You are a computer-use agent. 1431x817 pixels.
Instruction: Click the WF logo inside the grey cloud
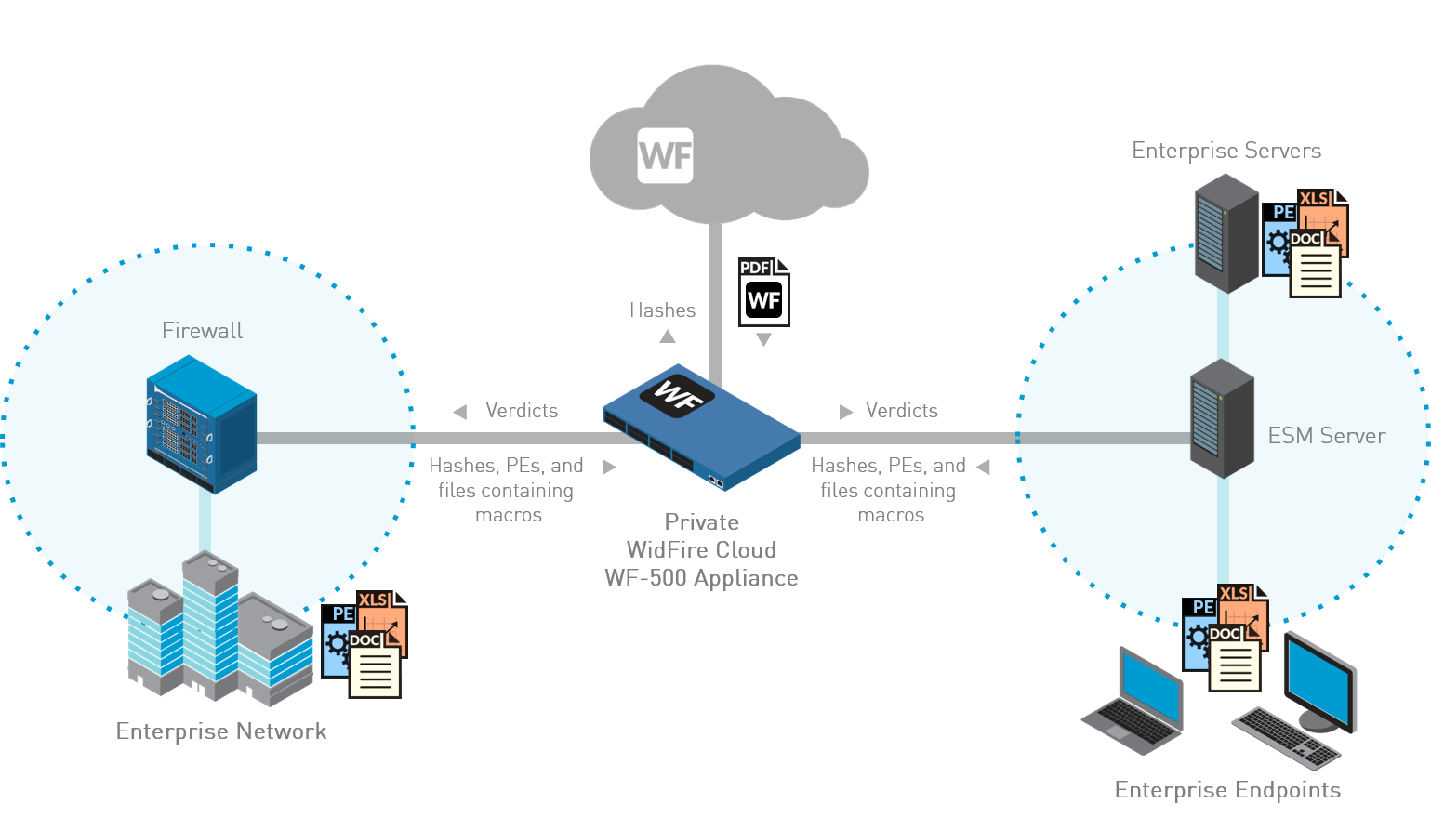tap(666, 155)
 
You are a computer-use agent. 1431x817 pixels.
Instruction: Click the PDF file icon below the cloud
tap(763, 292)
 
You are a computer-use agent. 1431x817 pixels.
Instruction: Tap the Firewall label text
tap(202, 330)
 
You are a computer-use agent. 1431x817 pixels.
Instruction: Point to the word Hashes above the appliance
tap(662, 310)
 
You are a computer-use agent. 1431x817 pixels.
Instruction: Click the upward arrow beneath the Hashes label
tap(668, 336)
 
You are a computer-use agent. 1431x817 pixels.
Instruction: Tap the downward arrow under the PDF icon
tap(763, 340)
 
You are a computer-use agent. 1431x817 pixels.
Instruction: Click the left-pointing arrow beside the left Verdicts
tap(459, 411)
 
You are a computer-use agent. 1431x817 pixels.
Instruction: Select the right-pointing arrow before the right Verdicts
tap(846, 411)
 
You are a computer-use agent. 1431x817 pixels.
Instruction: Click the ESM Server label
tap(1327, 435)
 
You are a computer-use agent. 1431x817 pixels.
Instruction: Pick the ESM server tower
tap(1222, 418)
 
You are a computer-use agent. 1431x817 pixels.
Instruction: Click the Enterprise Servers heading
tap(1226, 151)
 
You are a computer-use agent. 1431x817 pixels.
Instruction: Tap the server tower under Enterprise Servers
tap(1226, 232)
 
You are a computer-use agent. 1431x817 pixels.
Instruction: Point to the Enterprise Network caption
tap(221, 731)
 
